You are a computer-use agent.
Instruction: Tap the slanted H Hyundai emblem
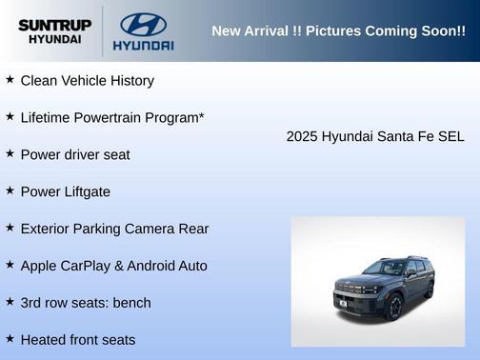click(x=143, y=24)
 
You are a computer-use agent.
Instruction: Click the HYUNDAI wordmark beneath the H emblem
click(x=143, y=45)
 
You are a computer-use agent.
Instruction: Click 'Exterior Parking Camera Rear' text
click(x=114, y=229)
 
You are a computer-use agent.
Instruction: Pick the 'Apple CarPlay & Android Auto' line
click(x=113, y=266)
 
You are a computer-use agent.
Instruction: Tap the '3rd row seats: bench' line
click(x=86, y=303)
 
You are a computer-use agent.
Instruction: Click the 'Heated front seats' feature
click(x=78, y=340)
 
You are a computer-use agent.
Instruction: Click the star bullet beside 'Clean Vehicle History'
click(x=10, y=80)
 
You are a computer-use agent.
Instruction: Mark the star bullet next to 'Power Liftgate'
click(x=10, y=190)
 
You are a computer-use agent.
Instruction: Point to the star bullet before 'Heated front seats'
click(x=10, y=339)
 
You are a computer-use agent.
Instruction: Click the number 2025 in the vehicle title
click(x=302, y=136)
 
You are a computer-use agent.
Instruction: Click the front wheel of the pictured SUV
click(x=393, y=306)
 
